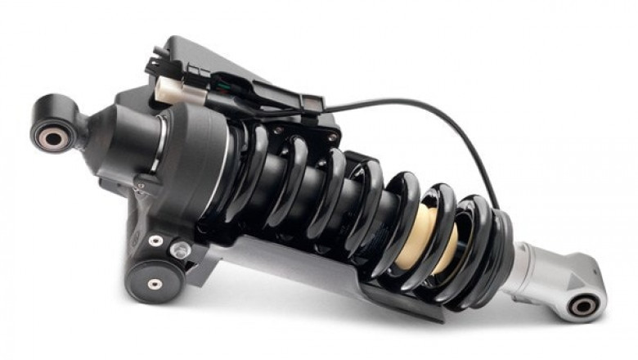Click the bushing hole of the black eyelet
click(52, 137)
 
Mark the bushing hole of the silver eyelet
click(583, 307)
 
